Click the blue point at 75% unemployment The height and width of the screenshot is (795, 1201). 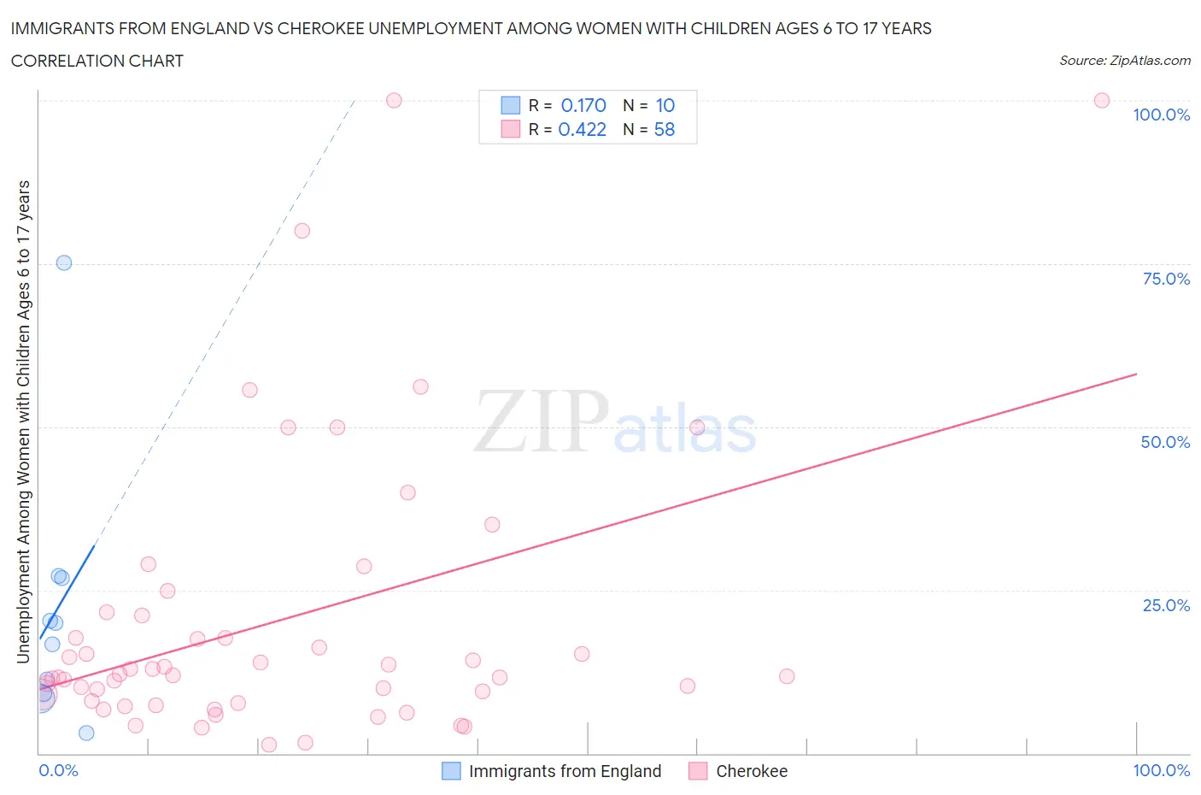coord(64,262)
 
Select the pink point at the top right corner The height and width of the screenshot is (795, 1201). coord(1102,100)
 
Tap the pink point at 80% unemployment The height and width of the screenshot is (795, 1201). coord(302,231)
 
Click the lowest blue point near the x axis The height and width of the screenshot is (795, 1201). coord(86,733)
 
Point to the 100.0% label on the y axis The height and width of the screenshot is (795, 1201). coord(1161,115)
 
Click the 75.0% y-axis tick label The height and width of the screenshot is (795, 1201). coord(1166,279)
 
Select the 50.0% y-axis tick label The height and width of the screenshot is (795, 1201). coord(1165,442)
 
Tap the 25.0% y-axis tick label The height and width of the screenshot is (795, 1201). coord(1166,605)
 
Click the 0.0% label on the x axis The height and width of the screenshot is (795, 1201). coord(58,770)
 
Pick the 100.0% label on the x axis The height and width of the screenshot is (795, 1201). coord(1161,770)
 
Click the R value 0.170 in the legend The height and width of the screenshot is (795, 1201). coord(583,105)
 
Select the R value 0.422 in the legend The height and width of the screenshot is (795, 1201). coord(582,129)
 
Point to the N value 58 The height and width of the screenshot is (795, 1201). coord(664,129)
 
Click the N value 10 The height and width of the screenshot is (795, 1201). coord(665,105)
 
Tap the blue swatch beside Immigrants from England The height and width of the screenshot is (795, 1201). coord(451,771)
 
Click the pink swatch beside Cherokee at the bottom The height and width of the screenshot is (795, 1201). coord(698,771)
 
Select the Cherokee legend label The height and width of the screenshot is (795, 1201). coord(752,771)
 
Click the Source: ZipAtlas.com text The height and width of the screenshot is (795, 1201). coord(1124,61)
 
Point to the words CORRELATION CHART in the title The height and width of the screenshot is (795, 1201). coord(97,61)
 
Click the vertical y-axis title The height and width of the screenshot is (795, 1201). coord(23,421)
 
